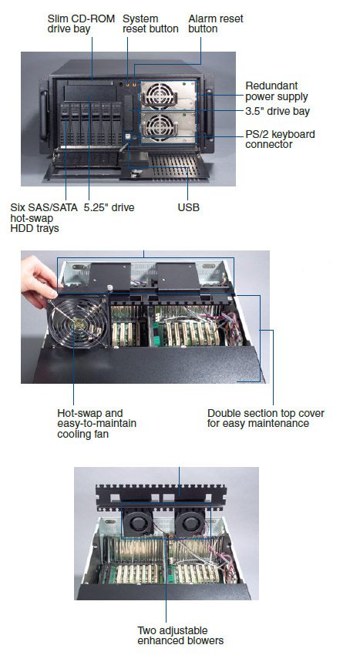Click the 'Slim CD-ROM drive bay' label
pos(81,24)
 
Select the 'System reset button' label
pos(150,24)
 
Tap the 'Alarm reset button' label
pos(215,24)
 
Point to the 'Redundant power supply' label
pos(277,91)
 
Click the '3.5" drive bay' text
pos(278,111)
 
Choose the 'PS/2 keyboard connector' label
pos(280,139)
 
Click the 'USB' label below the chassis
pos(189,207)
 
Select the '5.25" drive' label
pos(109,207)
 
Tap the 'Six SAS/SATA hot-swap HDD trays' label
pos(43,217)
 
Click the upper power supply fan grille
pos(157,92)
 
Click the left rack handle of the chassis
pos(43,116)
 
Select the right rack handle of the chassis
pos(209,113)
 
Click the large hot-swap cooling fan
pos(77,322)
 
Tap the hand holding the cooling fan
pos(39,280)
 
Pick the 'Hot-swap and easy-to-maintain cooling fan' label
pos(96,424)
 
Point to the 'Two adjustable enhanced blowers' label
pos(180,636)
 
